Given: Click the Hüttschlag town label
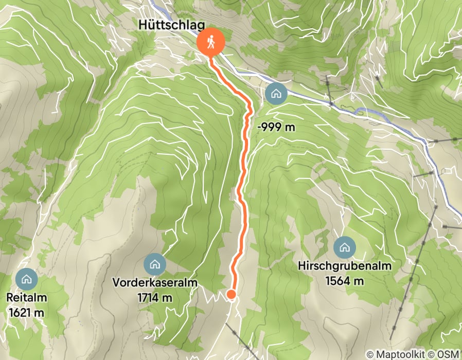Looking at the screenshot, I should point(171,26).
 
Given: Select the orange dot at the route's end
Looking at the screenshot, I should point(232,294).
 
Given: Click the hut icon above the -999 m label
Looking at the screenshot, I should point(276,94).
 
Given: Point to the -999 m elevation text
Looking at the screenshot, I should point(276,127).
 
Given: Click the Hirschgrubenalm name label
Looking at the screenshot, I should point(345,266).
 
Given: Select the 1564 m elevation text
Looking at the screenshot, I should point(345,281).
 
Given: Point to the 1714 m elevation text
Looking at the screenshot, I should point(154,297).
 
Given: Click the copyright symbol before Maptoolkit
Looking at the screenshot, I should point(370,354).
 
